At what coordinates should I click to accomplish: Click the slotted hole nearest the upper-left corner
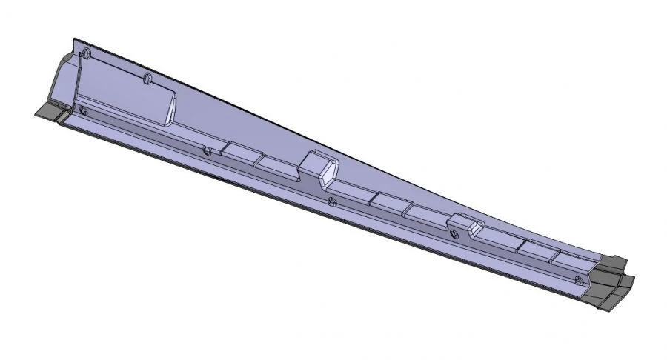tap(86, 53)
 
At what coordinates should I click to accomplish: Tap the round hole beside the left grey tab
tap(83, 111)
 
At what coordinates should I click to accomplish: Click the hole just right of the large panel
tap(208, 151)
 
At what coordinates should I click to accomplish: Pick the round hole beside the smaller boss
tap(454, 233)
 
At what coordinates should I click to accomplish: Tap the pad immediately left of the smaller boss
tap(427, 217)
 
